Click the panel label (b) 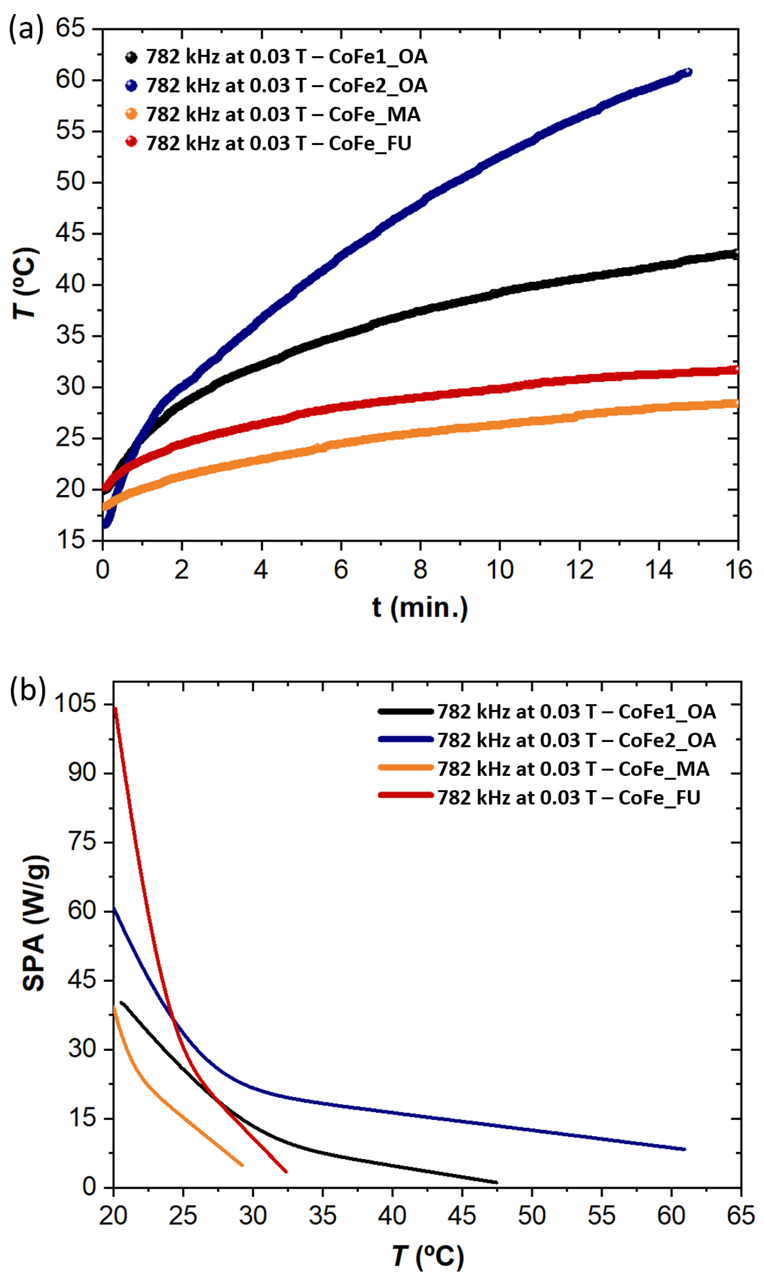click(27, 690)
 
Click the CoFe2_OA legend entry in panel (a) click(286, 85)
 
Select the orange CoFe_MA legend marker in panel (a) click(131, 114)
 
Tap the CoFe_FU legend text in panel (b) click(569, 798)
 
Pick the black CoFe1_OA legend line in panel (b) click(406, 711)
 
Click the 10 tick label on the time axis click(500, 570)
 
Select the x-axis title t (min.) click(420, 608)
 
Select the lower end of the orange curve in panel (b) click(241, 1165)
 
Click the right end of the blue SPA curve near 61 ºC click(684, 1149)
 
